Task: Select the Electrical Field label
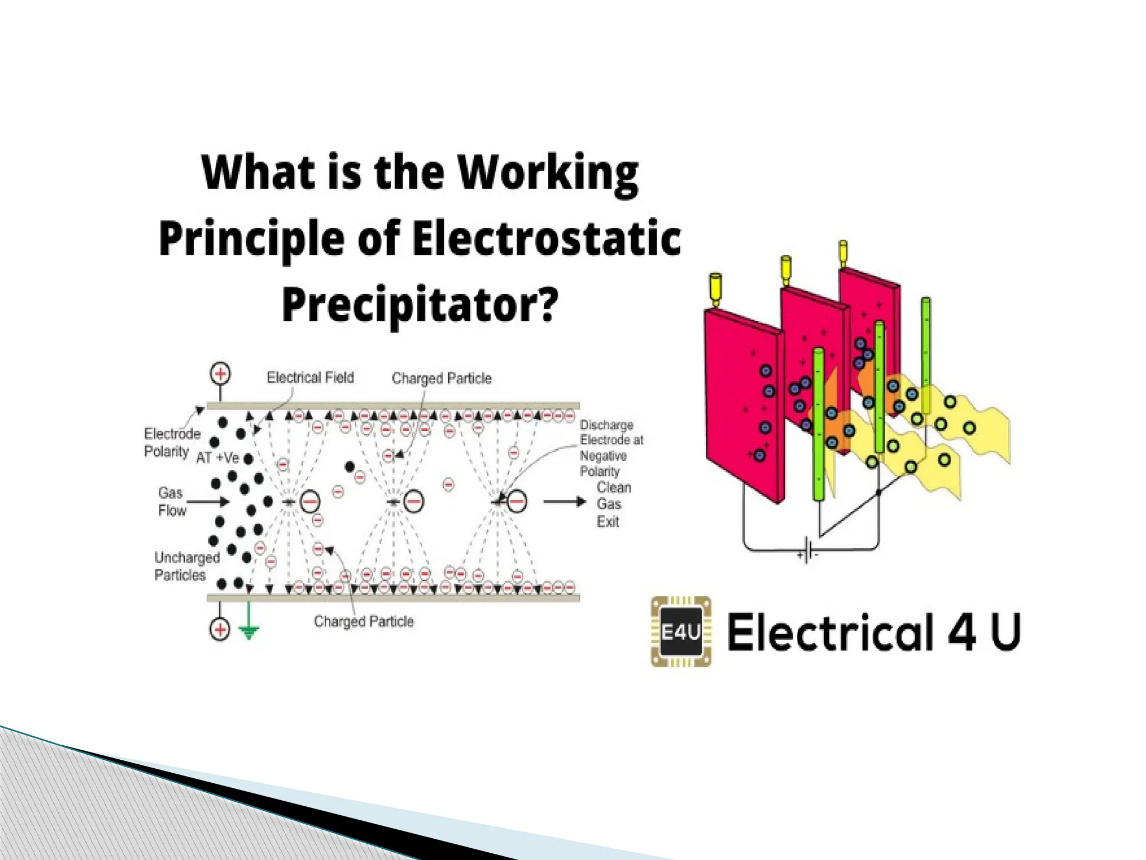310,378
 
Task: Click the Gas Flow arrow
208,501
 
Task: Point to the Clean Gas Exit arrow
564,501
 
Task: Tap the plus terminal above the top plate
220,374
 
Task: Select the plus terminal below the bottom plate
220,629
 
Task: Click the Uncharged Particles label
180,566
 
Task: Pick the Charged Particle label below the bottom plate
364,621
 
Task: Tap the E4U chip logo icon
681,632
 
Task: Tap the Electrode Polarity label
171,442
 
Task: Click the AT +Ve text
218,458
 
